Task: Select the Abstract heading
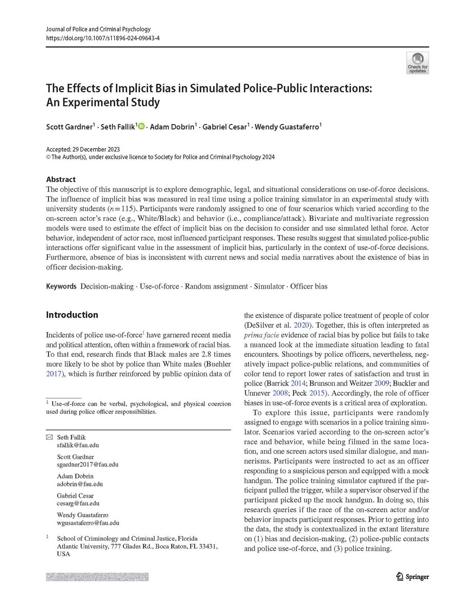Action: coord(60,179)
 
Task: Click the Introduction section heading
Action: coord(72,315)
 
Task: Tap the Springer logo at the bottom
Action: coord(412,577)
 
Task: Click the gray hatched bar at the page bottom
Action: coord(97,577)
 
